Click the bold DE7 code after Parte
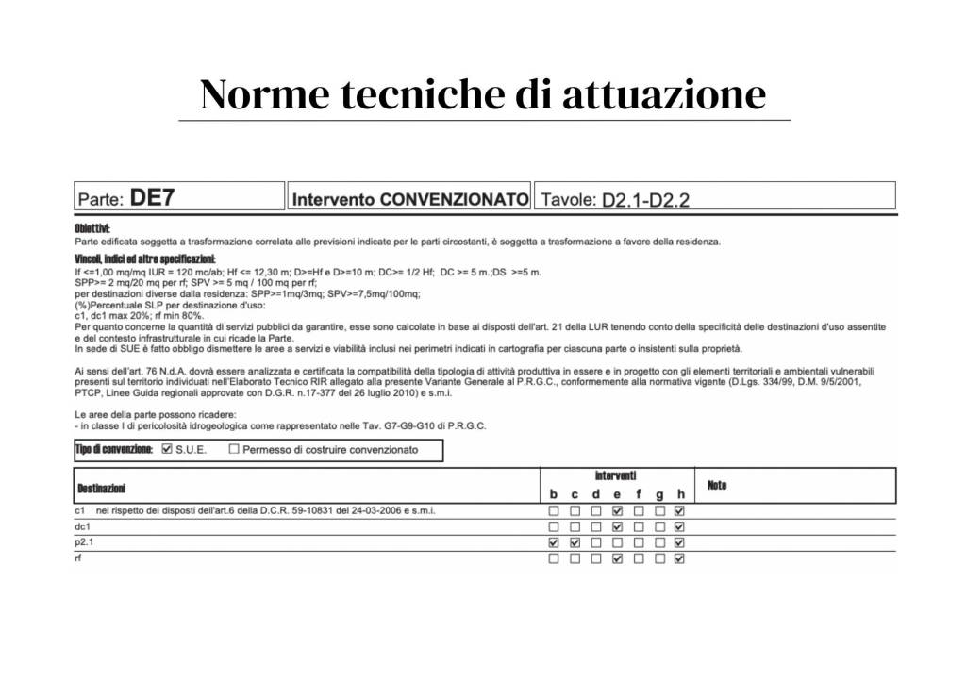[x=152, y=198]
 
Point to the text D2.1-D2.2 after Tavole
[x=645, y=200]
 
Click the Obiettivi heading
[x=92, y=228]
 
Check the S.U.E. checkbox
[x=167, y=450]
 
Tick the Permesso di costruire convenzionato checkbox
[x=234, y=450]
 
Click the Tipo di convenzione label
[x=113, y=450]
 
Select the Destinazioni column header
[x=100, y=488]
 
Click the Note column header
[x=717, y=485]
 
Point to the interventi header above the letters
[x=615, y=475]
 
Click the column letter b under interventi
[x=554, y=494]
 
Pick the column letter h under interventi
[x=680, y=494]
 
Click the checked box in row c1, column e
[x=617, y=511]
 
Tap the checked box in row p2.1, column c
[x=575, y=543]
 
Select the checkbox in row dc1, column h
[x=680, y=527]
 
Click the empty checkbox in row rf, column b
[x=554, y=558]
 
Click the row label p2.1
[x=85, y=543]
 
